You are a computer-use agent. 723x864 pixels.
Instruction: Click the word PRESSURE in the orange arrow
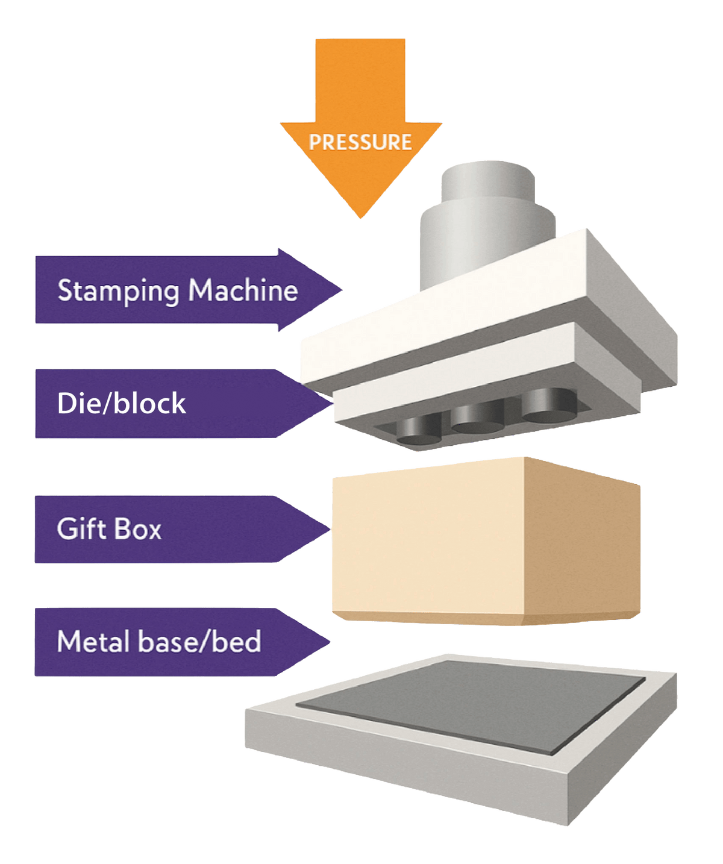click(x=360, y=142)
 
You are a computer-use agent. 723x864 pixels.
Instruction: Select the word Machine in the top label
click(x=243, y=290)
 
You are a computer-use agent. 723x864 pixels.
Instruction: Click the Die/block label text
click(x=121, y=403)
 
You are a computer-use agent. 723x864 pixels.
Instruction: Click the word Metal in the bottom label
click(x=93, y=641)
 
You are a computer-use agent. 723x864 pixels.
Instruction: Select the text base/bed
click(x=199, y=641)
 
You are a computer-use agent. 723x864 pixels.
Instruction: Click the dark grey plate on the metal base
click(x=470, y=705)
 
